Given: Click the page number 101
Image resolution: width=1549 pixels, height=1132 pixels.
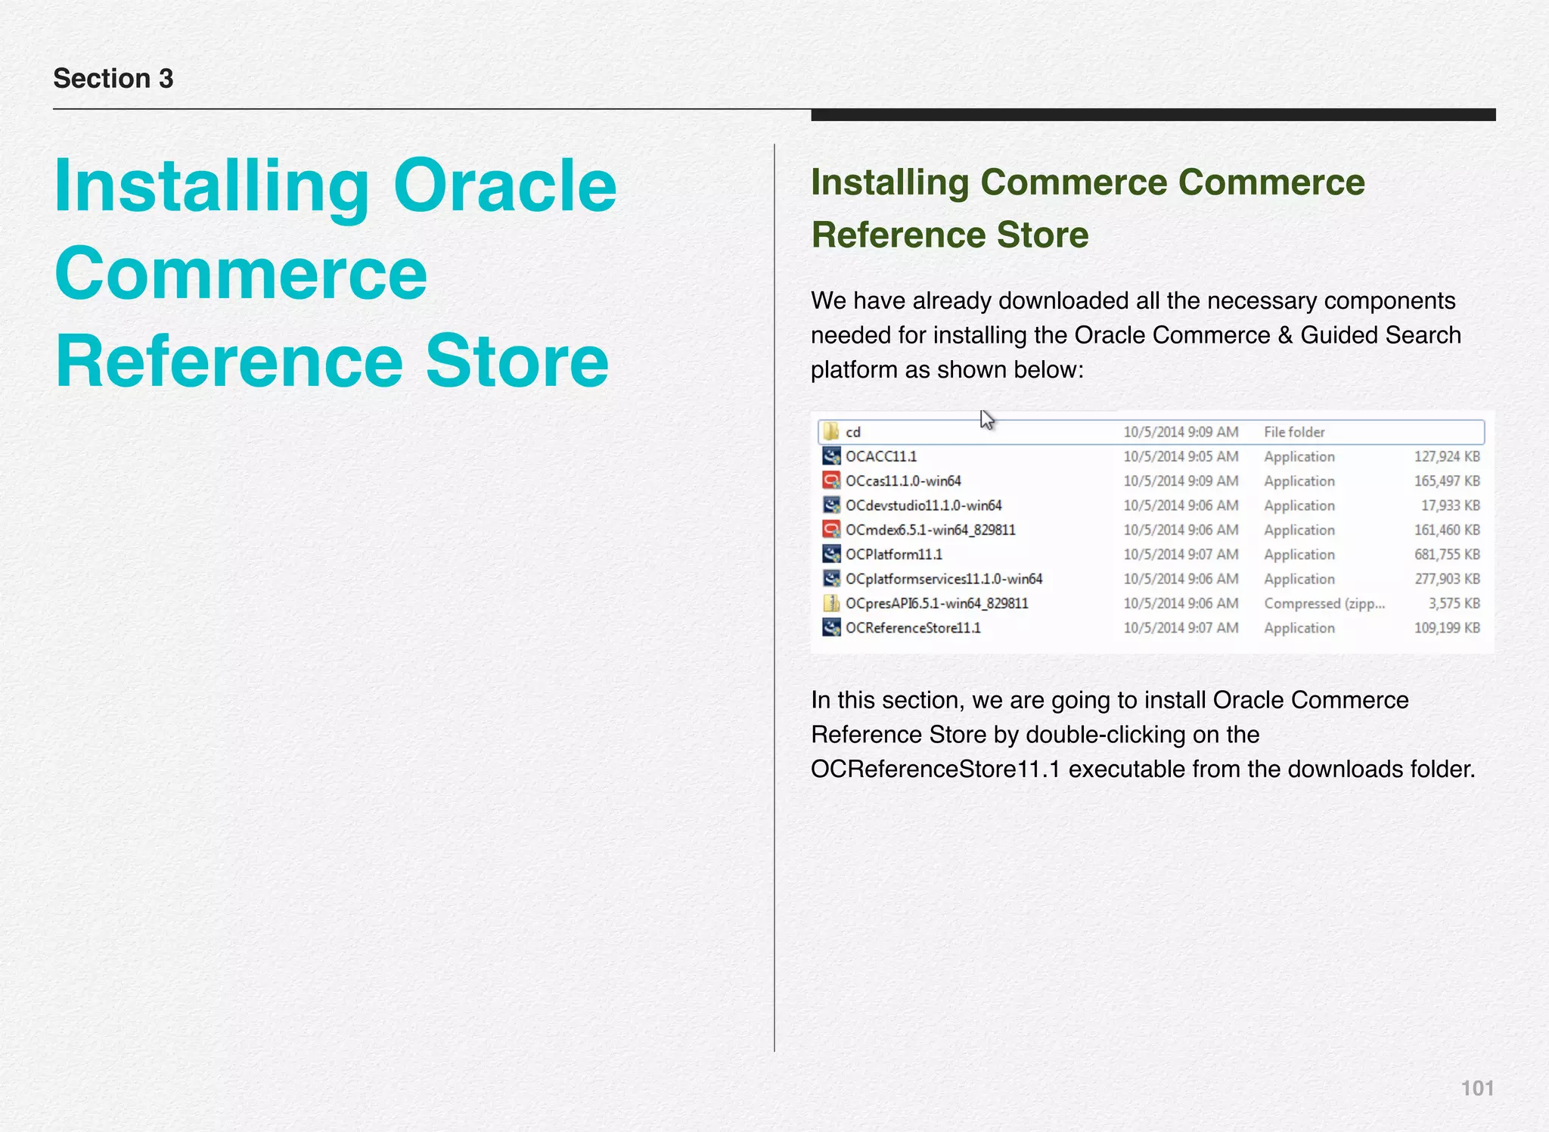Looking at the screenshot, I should (x=1476, y=1088).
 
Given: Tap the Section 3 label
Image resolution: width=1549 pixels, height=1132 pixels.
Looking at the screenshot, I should (x=113, y=79).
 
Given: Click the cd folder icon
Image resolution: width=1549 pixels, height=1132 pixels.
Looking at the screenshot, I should (x=831, y=431).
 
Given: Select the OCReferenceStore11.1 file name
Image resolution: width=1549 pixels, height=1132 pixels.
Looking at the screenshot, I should (x=913, y=628).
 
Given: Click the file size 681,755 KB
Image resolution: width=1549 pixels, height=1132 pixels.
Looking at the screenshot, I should (x=1446, y=555).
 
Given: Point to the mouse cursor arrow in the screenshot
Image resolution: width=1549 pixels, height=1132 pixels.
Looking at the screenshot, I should (x=986, y=420).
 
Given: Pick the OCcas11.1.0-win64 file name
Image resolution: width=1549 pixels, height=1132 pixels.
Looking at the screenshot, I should (x=903, y=481).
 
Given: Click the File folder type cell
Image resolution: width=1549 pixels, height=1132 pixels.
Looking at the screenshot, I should (x=1294, y=432).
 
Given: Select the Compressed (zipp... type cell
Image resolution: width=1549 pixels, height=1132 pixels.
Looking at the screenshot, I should (x=1324, y=604).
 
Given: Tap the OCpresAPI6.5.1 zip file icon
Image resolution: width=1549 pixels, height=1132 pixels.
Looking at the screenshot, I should (x=831, y=603).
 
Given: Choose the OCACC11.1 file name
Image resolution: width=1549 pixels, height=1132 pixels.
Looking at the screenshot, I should (x=880, y=456).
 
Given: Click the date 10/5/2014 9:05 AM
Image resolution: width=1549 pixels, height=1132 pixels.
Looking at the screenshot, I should (x=1180, y=456).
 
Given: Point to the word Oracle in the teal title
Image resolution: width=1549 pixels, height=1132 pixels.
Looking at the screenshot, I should (x=504, y=186).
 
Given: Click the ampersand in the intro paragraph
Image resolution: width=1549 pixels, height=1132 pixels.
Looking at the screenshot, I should (x=1285, y=335).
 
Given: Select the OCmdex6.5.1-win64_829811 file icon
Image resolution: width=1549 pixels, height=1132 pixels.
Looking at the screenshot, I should (x=831, y=530).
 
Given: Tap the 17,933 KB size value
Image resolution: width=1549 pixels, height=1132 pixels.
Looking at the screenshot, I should (x=1450, y=505).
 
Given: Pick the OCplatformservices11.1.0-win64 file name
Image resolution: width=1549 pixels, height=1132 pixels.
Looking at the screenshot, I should (x=943, y=579).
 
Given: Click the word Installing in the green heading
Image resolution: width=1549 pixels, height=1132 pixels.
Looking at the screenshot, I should (x=889, y=183).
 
